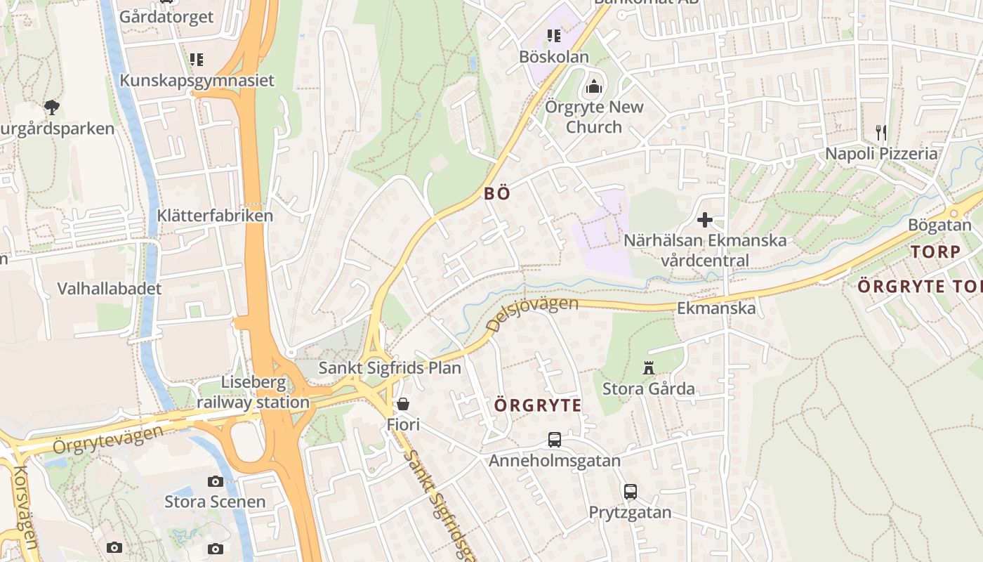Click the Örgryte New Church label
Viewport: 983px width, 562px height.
click(x=594, y=117)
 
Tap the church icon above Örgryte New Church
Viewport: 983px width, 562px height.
click(x=594, y=87)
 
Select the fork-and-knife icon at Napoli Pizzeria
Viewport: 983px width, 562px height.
click(x=880, y=131)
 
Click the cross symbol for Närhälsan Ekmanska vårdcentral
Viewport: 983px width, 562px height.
click(x=704, y=220)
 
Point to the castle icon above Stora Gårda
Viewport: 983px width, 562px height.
click(x=648, y=367)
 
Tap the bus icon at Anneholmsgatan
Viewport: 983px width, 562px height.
click(x=555, y=440)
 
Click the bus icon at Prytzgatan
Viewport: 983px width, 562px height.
click(x=631, y=491)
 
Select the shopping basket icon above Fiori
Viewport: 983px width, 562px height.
click(x=403, y=404)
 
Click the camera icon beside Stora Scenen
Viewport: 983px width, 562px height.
click(x=216, y=481)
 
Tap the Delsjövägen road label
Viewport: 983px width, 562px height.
click(x=532, y=313)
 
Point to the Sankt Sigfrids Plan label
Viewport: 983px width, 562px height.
click(x=390, y=367)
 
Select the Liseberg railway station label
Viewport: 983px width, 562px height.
click(x=253, y=393)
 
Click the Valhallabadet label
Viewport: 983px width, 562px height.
click(x=110, y=288)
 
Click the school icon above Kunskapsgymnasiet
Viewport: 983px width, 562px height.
click(x=197, y=60)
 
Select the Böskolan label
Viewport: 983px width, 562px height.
click(x=554, y=57)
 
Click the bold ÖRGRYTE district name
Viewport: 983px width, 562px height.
click(x=538, y=405)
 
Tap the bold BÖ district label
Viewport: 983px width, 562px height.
click(x=496, y=194)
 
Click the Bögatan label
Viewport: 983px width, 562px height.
click(x=939, y=226)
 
